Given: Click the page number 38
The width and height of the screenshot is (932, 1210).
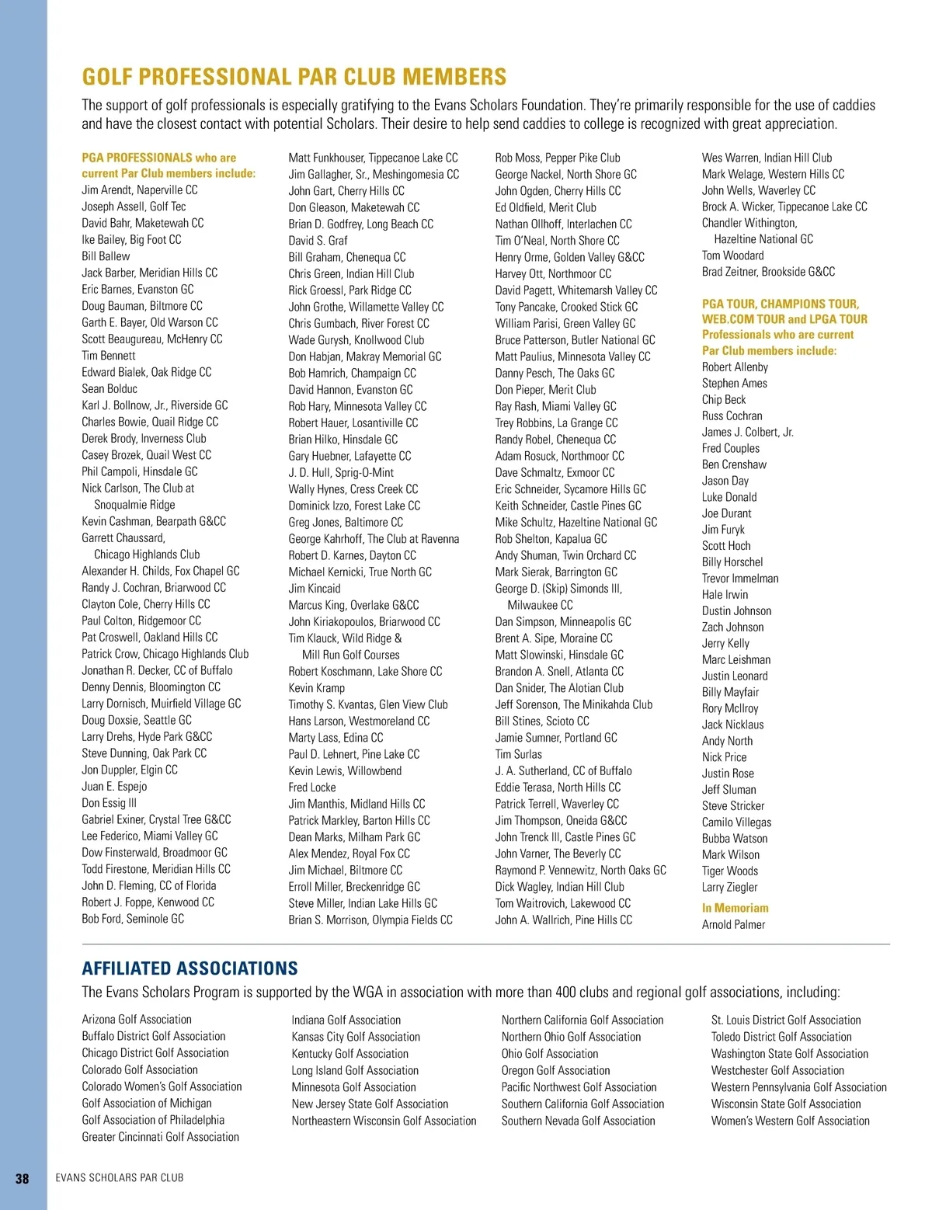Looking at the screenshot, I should click(x=23, y=1178).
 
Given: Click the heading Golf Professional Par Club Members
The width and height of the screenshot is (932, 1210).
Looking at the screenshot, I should click(x=294, y=77).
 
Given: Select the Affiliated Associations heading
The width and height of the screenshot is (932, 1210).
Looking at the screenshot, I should click(x=190, y=968).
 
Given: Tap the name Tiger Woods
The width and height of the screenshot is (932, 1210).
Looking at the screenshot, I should click(x=730, y=871).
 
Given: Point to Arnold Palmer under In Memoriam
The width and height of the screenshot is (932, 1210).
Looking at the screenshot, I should click(x=733, y=924).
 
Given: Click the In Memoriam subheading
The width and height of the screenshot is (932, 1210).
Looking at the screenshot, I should click(x=735, y=908).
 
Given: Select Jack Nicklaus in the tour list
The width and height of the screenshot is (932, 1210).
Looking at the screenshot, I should click(x=732, y=725).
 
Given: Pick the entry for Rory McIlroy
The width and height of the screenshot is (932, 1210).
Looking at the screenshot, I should click(x=730, y=708).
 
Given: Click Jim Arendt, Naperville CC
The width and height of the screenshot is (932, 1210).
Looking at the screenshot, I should click(x=140, y=189).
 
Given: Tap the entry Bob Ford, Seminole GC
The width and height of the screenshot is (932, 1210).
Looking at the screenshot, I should click(x=133, y=919).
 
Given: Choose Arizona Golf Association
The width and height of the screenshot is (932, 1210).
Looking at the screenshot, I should click(x=137, y=1020).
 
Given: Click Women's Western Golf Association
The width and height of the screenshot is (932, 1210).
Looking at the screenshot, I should click(x=790, y=1121).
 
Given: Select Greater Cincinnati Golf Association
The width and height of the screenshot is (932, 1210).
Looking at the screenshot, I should click(x=160, y=1137).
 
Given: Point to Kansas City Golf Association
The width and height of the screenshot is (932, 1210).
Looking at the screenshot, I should click(x=356, y=1037).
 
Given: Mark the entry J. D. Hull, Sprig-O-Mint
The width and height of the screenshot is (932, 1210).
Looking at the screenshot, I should click(x=341, y=472).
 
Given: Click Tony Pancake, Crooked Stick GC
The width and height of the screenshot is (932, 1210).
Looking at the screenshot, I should click(x=566, y=307).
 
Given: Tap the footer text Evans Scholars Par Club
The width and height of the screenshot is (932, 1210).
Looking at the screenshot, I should click(x=120, y=1178).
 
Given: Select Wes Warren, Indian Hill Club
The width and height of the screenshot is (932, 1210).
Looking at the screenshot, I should click(x=767, y=158).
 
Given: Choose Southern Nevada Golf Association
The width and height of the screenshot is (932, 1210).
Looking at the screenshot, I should click(x=578, y=1121).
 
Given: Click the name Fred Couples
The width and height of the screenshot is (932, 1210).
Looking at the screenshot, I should click(x=731, y=448).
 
